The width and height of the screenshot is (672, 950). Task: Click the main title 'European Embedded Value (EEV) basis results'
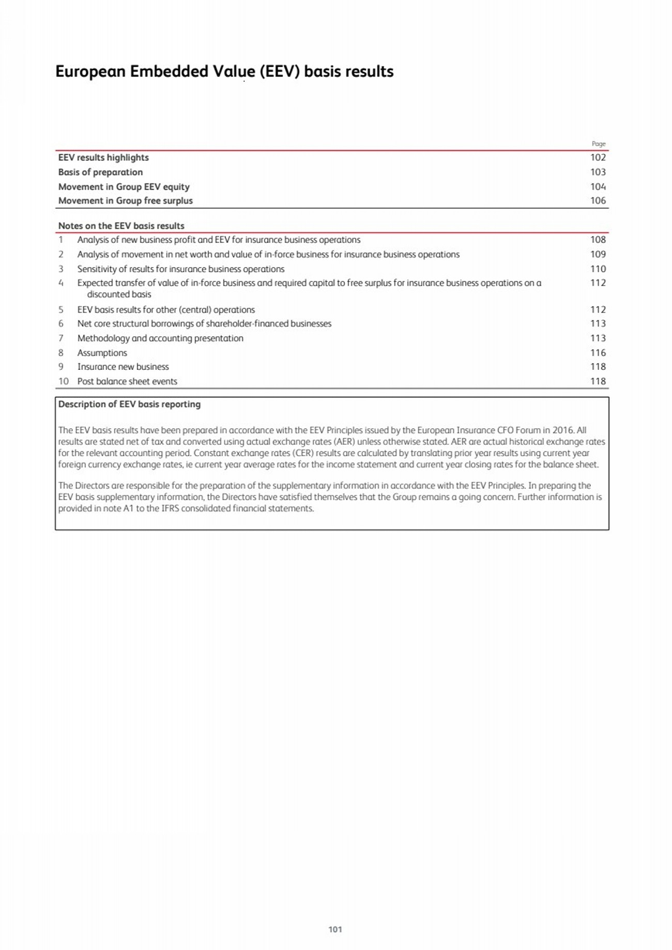pyautogui.click(x=224, y=71)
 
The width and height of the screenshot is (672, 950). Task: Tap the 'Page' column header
pyautogui.click(x=598, y=144)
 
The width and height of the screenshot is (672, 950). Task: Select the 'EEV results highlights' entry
pyautogui.click(x=103, y=158)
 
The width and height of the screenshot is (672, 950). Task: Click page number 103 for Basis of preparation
pyautogui.click(x=598, y=172)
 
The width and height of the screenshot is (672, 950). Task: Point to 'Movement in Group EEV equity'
pyautogui.click(x=124, y=186)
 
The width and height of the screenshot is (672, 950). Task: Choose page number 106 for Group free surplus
pyautogui.click(x=598, y=200)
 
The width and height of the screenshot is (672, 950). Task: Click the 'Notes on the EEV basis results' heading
pyautogui.click(x=121, y=226)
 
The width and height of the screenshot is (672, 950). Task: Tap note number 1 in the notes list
pyautogui.click(x=61, y=240)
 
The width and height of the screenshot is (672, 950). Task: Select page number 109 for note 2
pyautogui.click(x=598, y=254)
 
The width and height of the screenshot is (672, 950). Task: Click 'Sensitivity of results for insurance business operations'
pyautogui.click(x=180, y=269)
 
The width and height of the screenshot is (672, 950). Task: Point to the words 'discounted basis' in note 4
pyautogui.click(x=119, y=294)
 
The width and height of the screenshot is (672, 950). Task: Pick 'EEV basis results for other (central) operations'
pyautogui.click(x=166, y=309)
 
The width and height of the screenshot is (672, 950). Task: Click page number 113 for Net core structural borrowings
pyautogui.click(x=598, y=323)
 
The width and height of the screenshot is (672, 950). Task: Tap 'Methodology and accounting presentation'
pyautogui.click(x=160, y=338)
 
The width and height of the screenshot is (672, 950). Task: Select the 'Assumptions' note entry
pyautogui.click(x=102, y=353)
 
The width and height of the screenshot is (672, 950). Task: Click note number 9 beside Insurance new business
pyautogui.click(x=61, y=367)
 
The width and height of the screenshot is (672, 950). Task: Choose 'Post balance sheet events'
pyautogui.click(x=127, y=381)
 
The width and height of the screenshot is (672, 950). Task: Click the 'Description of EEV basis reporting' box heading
pyautogui.click(x=129, y=404)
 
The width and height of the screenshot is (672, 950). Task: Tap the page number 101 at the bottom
pyautogui.click(x=335, y=929)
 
